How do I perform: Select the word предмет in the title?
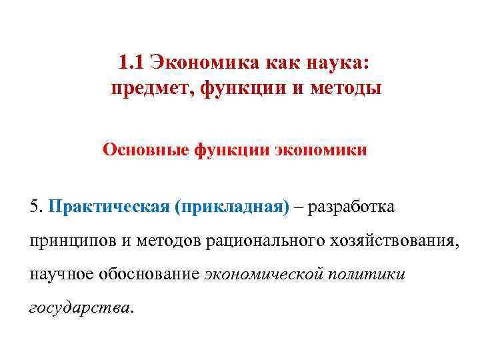click(x=149, y=89)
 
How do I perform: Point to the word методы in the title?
click(x=346, y=89)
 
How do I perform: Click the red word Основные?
click(x=146, y=150)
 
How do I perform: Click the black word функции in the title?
click(x=243, y=89)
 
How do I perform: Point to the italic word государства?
click(x=81, y=307)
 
